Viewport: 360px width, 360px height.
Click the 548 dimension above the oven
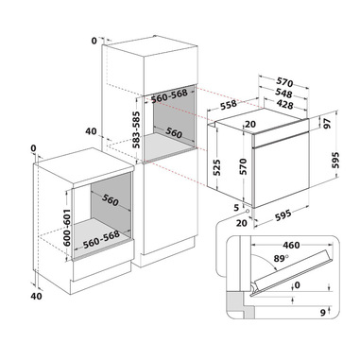(x=283, y=94)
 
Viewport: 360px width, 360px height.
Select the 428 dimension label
(x=284, y=104)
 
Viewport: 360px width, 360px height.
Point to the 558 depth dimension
(x=229, y=106)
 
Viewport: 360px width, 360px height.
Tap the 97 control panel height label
(x=328, y=123)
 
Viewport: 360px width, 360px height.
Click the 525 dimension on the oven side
(x=217, y=167)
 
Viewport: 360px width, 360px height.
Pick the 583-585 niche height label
(x=136, y=129)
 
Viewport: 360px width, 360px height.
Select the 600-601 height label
(x=67, y=228)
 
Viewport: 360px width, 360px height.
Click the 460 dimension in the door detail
(x=291, y=245)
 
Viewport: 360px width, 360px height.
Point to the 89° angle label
(x=281, y=258)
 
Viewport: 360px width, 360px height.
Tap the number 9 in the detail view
(x=322, y=313)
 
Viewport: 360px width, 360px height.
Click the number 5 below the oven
(x=236, y=207)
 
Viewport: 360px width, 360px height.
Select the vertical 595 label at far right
(x=335, y=161)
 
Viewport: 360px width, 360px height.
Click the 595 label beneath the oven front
(x=283, y=215)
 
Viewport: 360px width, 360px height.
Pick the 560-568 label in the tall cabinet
(x=169, y=95)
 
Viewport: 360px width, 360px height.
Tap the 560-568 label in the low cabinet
(x=101, y=239)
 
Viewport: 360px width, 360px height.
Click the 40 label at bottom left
(x=36, y=296)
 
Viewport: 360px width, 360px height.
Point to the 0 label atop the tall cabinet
(x=94, y=41)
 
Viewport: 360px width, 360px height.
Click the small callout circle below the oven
(x=248, y=211)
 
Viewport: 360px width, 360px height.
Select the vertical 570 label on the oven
(x=244, y=166)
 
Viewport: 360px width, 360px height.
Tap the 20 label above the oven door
(x=250, y=124)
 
